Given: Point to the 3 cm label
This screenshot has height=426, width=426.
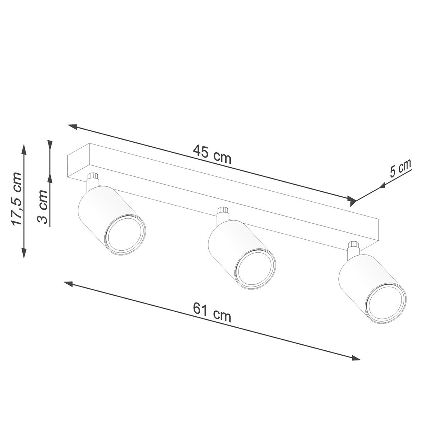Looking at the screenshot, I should (x=43, y=207).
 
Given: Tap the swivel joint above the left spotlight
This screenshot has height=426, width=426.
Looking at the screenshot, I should (x=92, y=180).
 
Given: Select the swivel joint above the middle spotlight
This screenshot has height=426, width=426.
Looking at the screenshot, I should (x=223, y=214).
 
